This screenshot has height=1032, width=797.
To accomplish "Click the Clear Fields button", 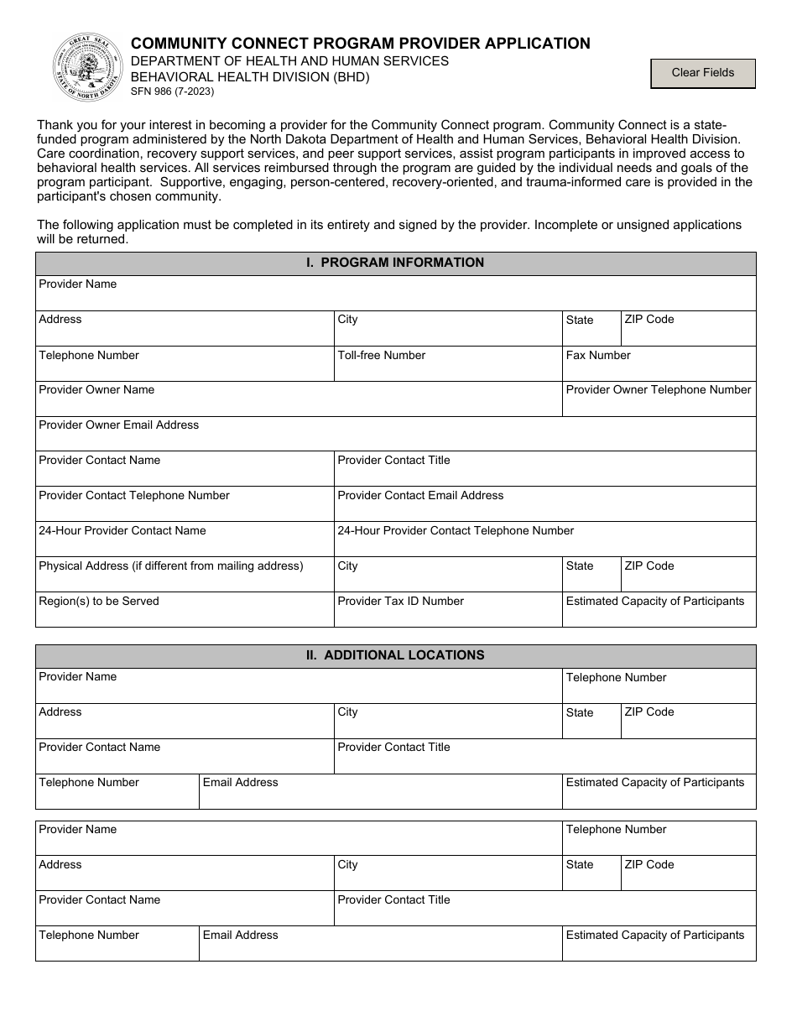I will click(703, 73).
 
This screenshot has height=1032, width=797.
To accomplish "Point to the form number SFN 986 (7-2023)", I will click(172, 92).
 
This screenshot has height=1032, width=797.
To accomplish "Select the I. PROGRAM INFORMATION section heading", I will click(395, 263).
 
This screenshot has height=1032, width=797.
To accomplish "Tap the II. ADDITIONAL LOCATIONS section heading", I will click(395, 655).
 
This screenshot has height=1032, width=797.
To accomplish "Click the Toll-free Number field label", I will click(381, 356).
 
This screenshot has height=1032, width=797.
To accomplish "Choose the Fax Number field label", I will click(598, 356).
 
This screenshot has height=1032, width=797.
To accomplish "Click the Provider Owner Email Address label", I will click(118, 425).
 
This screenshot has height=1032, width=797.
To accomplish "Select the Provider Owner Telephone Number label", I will click(659, 390).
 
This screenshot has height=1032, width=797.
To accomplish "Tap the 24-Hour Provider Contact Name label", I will click(122, 531).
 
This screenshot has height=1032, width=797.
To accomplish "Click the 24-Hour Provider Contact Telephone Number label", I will click(456, 531).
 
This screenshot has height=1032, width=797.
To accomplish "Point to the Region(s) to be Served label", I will click(98, 602).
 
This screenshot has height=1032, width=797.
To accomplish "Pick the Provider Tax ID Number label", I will click(400, 602).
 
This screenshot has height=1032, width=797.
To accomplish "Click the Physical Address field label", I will click(170, 566).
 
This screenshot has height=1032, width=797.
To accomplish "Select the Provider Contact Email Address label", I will click(420, 496).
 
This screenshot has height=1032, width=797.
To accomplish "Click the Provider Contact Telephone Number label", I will click(133, 496).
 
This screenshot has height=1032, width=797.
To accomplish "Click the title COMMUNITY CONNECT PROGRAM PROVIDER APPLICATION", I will click(360, 44).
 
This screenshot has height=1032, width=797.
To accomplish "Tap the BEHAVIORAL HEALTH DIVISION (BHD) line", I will click(249, 77).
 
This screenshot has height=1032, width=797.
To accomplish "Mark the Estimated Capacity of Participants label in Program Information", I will click(655, 602).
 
